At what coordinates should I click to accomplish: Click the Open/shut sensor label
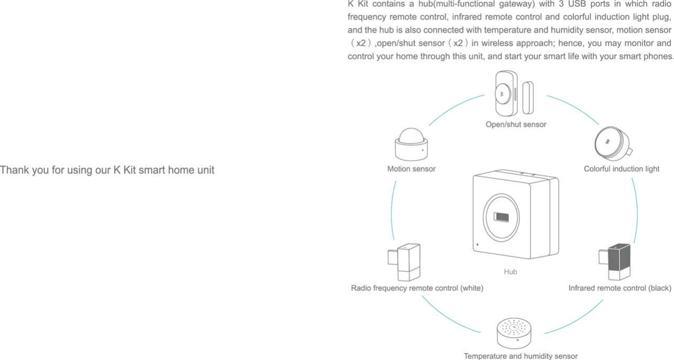click(x=516, y=125)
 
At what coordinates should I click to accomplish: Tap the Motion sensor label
click(x=411, y=169)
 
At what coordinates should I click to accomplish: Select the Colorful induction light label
click(x=621, y=169)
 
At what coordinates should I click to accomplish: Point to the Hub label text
click(x=510, y=272)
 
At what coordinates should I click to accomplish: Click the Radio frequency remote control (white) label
click(x=417, y=288)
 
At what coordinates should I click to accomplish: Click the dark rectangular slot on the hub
click(x=501, y=218)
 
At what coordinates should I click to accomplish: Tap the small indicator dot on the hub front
click(x=477, y=244)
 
